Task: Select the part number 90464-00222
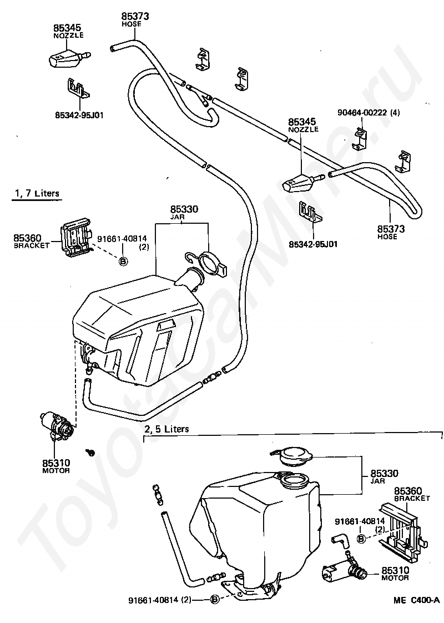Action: [x=362, y=113]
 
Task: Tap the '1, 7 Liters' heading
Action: [x=37, y=193]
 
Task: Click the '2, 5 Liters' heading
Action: [x=167, y=429]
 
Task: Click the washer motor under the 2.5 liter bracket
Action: [x=341, y=570]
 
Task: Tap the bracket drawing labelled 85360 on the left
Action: [x=75, y=238]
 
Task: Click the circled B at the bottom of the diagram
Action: [x=215, y=600]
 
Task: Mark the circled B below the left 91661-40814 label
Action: [x=123, y=261]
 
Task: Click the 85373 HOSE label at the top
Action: [x=135, y=19]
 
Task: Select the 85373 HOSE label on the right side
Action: [x=391, y=232]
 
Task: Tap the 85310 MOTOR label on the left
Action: [x=56, y=466]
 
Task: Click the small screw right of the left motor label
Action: [x=90, y=452]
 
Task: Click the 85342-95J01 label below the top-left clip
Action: [x=79, y=115]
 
